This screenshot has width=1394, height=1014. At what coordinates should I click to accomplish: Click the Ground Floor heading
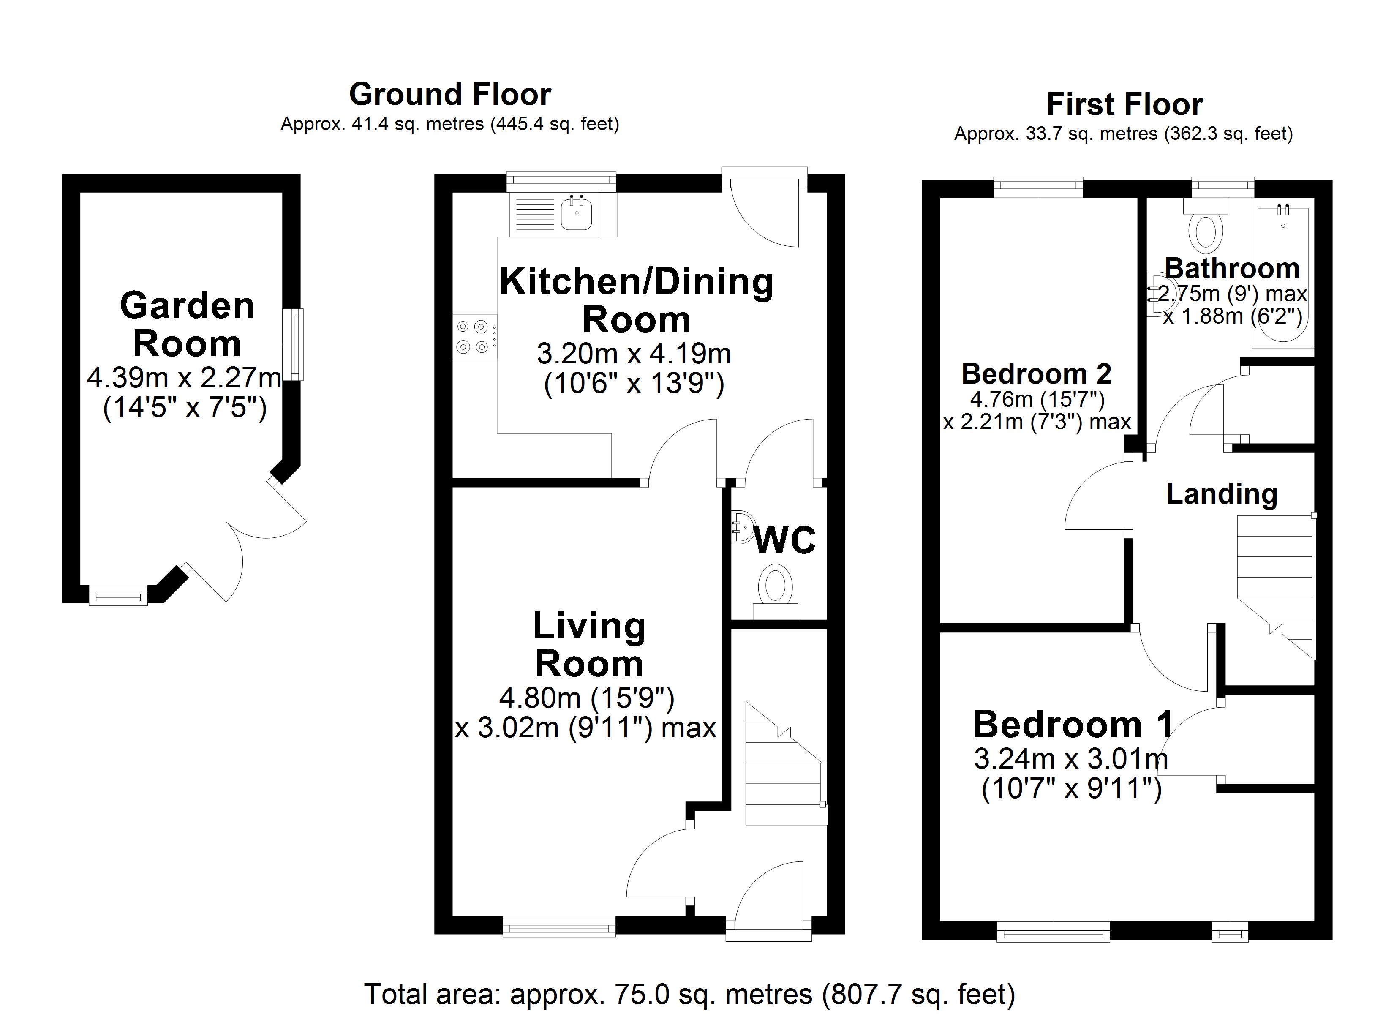pos(450,95)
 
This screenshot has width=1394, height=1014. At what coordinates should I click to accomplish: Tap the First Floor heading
pos(1124,104)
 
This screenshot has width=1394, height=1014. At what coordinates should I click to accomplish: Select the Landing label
pos(1221,494)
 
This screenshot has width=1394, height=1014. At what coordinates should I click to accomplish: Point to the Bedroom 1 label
pos(1073,724)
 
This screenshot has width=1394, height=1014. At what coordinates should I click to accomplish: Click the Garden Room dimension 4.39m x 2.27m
pos(184,378)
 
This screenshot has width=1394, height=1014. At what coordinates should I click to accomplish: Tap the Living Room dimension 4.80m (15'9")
pos(587,698)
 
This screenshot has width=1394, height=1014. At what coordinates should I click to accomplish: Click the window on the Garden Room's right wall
pos(297,344)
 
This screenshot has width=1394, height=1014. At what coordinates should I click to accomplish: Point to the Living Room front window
pos(559,927)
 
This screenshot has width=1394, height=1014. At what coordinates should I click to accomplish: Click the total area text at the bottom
pos(690,994)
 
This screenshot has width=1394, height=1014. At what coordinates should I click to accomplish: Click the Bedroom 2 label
pos(1036,374)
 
